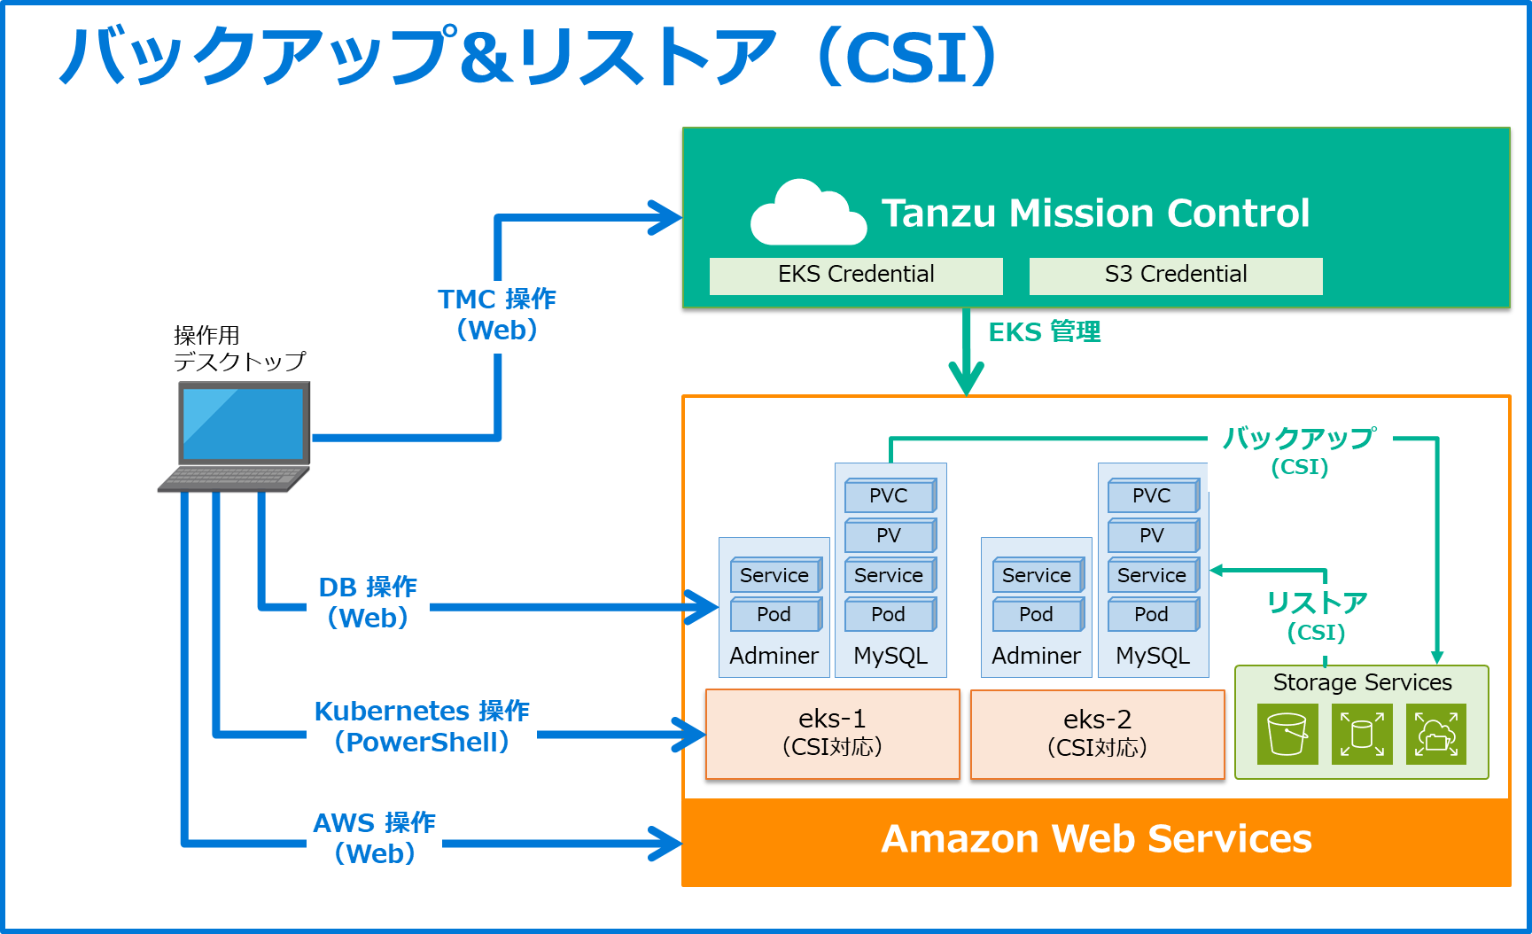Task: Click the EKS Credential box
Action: pyautogui.click(x=856, y=276)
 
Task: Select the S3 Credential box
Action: pyautogui.click(x=1176, y=276)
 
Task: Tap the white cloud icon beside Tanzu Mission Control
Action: pyautogui.click(x=807, y=214)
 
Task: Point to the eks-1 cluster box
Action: pyautogui.click(x=832, y=734)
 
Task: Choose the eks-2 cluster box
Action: pyautogui.click(x=1097, y=734)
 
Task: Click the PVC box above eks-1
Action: pyautogui.click(x=889, y=496)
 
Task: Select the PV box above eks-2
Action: pyautogui.click(x=1152, y=536)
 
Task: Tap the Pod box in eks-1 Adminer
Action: pyautogui.click(x=774, y=615)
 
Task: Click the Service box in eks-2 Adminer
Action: pyautogui.click(x=1037, y=576)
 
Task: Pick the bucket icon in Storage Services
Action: pyautogui.click(x=1287, y=735)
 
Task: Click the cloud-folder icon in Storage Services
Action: pyautogui.click(x=1436, y=735)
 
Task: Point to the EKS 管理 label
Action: pyautogui.click(x=1045, y=332)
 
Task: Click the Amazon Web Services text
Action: pyautogui.click(x=1096, y=839)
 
